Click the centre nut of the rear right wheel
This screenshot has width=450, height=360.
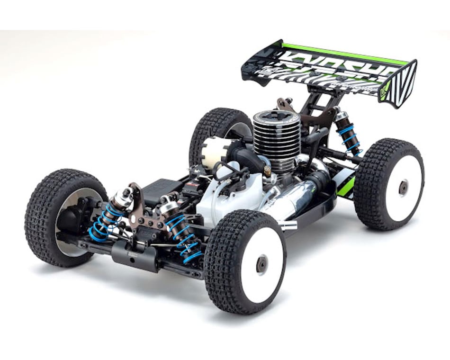click(404, 188)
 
